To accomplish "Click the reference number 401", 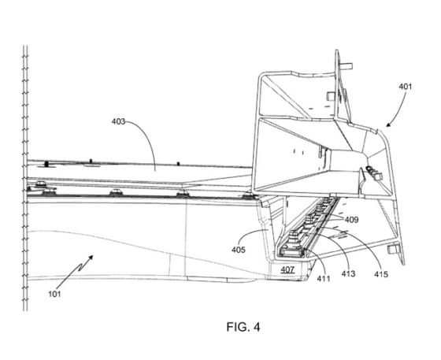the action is (406, 87).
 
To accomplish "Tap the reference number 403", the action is (118, 121).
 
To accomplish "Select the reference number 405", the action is (239, 250).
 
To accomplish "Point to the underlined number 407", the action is (287, 269).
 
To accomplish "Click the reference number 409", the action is (351, 220).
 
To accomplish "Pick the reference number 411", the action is (324, 278).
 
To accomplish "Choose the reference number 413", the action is (348, 273).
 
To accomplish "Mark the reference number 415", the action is (381, 274).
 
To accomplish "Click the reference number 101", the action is (54, 294).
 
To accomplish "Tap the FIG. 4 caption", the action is (243, 327).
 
